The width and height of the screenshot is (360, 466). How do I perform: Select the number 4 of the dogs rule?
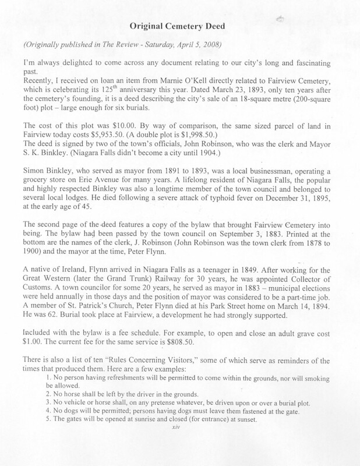(64, 412)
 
